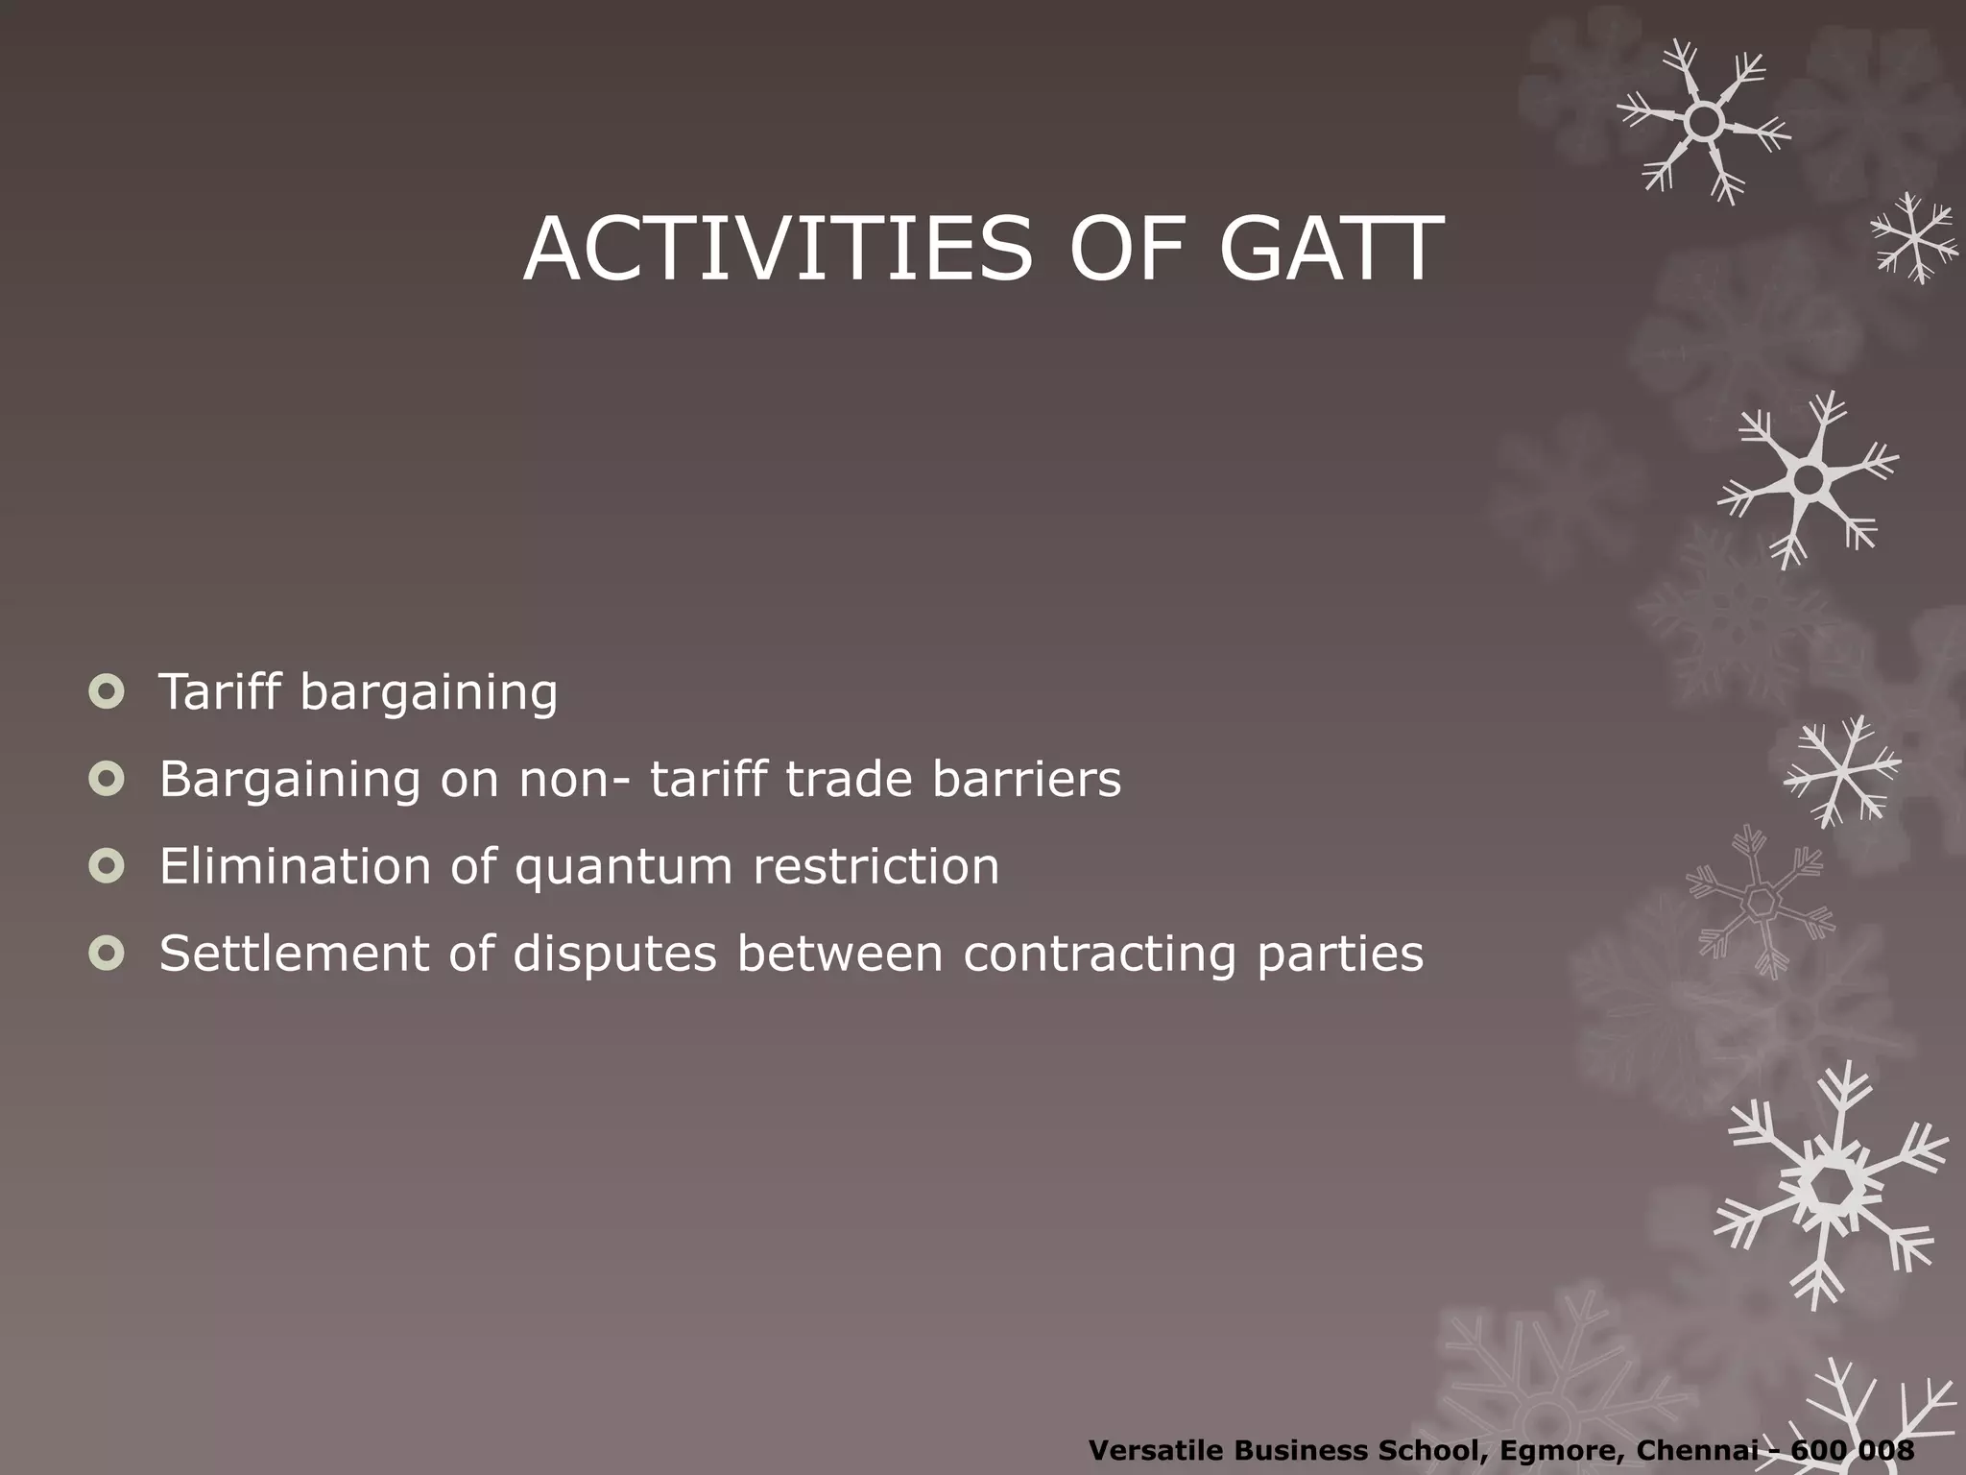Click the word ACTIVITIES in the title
[x=778, y=250]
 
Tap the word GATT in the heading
[x=1331, y=250]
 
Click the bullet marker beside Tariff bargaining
[x=107, y=691]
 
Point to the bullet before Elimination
[x=107, y=866]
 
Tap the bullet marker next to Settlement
[x=107, y=954]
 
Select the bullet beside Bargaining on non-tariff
[x=107, y=779]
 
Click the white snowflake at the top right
[x=1703, y=122]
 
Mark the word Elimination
[x=295, y=866]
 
